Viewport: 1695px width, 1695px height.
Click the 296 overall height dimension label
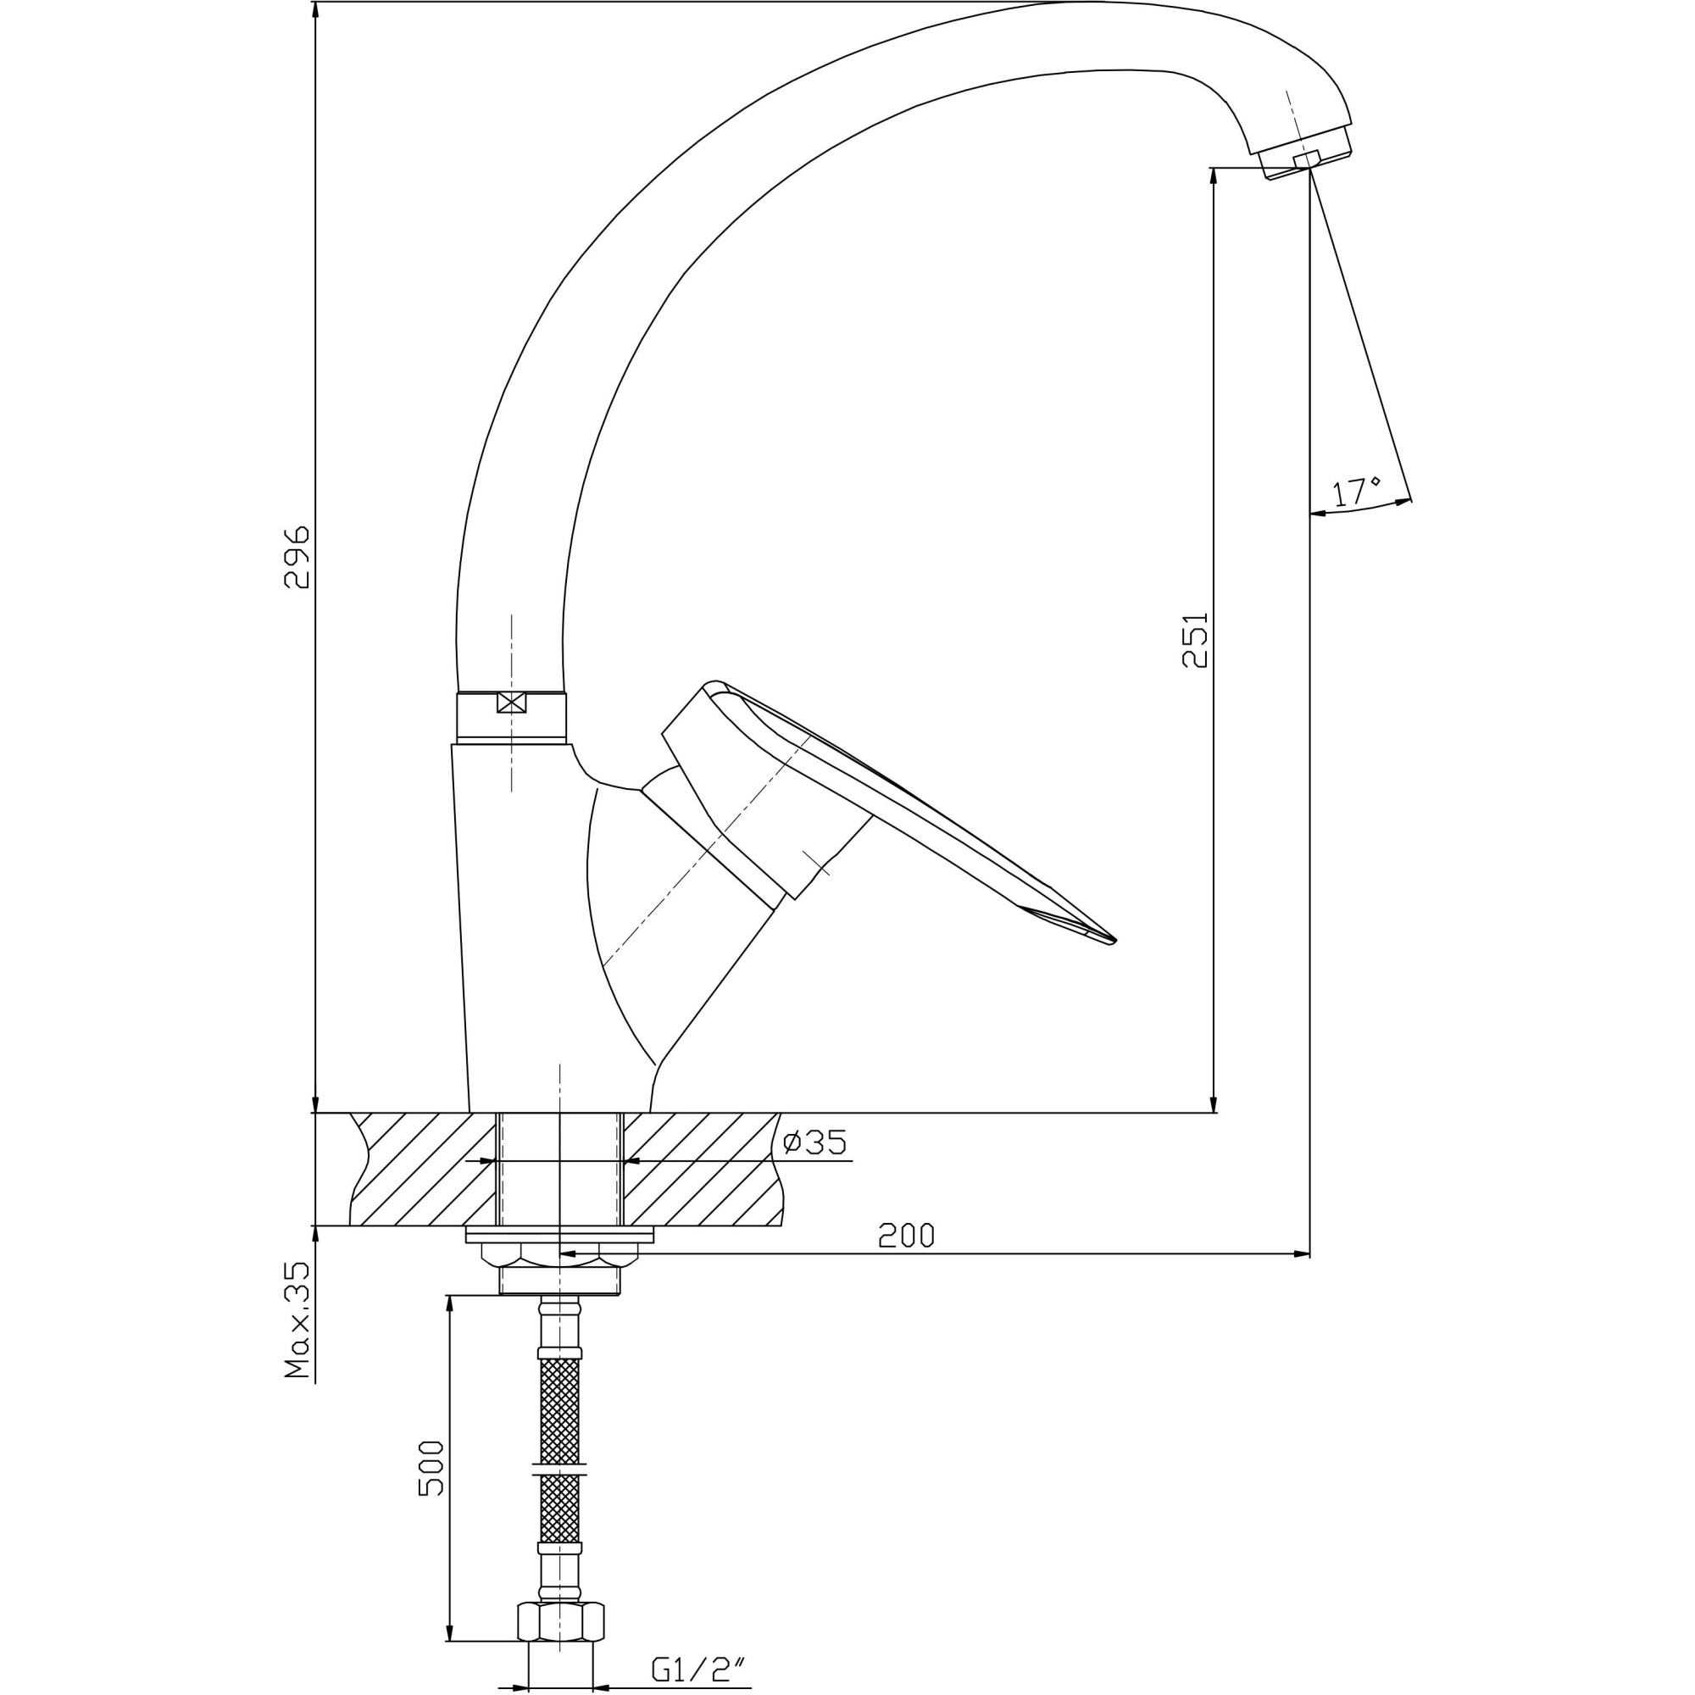(x=297, y=558)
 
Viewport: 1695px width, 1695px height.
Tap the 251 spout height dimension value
(x=1195, y=641)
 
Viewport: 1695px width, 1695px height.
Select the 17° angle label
(x=1356, y=492)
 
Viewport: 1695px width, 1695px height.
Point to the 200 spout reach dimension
(x=907, y=1237)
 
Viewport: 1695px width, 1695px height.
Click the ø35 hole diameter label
(x=814, y=1143)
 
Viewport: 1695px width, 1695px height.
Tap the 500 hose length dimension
(x=431, y=1469)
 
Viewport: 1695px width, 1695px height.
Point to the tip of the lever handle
(x=1111, y=942)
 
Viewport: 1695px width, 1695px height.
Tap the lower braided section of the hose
(x=560, y=1509)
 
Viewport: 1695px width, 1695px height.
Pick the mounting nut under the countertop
(x=560, y=1255)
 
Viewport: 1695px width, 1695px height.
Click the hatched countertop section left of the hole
(x=421, y=1170)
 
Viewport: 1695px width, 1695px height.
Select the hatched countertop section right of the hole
(x=702, y=1170)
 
